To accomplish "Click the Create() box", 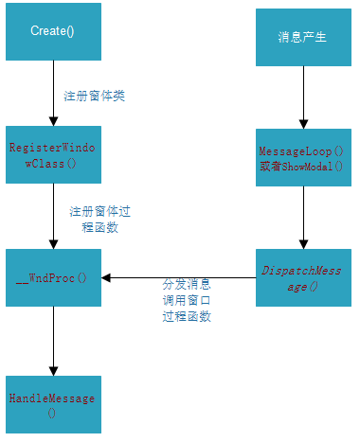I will (53, 31).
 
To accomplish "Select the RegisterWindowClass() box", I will (53, 154).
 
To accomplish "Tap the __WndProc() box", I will (53, 277).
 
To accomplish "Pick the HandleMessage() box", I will (53, 405).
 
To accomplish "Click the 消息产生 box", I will (303, 38).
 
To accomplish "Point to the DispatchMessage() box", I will (303, 277).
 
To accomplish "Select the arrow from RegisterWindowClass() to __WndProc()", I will (53, 216).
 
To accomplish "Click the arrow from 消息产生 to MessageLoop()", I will (303, 98).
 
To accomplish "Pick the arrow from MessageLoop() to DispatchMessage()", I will (303, 217).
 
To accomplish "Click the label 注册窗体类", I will (94, 96).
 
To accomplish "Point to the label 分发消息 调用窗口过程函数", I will (187, 300).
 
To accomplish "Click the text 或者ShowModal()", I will (303, 166).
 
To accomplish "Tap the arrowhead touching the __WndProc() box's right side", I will (107, 277).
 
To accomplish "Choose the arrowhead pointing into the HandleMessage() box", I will (53, 370).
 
